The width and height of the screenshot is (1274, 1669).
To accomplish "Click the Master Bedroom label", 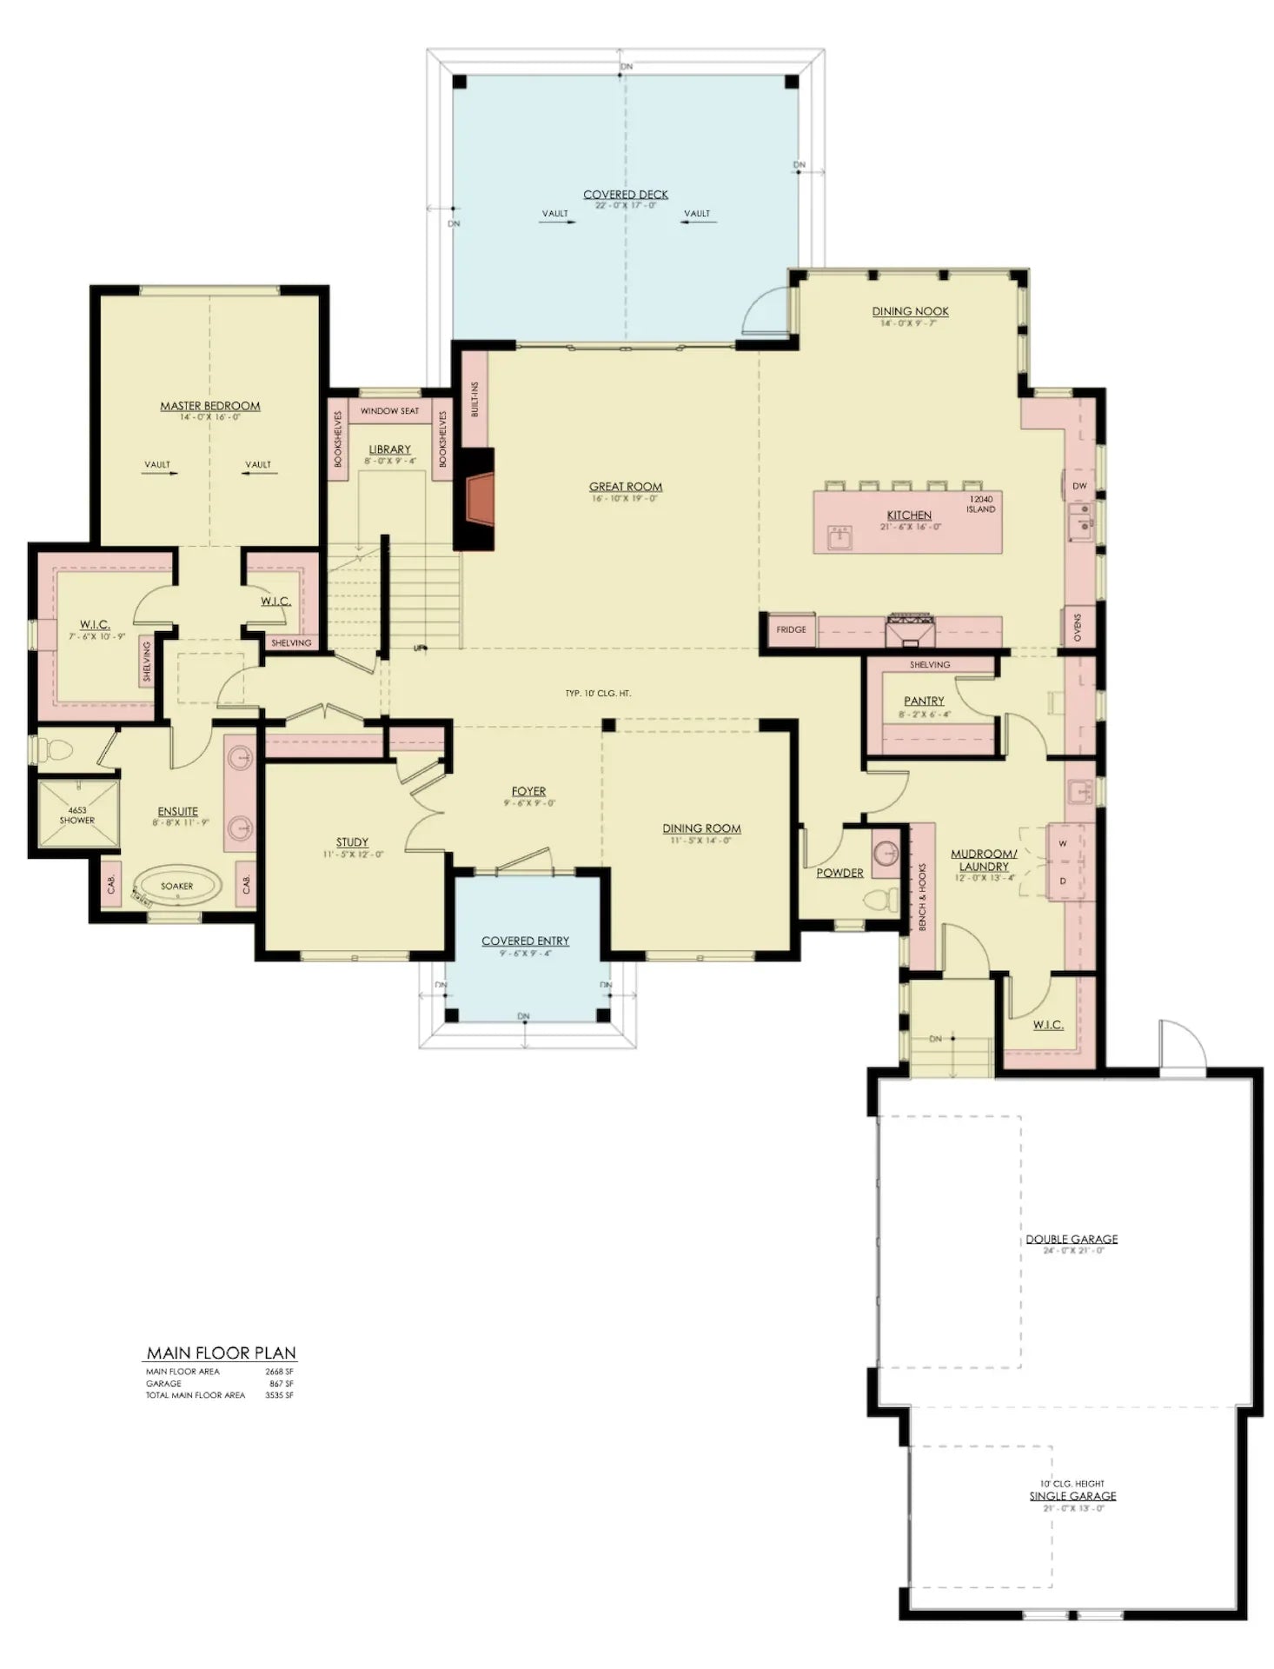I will tap(209, 406).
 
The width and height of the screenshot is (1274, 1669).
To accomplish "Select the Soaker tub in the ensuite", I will tap(176, 887).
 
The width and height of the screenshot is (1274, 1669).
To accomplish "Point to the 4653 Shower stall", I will tap(76, 815).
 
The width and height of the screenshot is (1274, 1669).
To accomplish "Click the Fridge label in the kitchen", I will tap(791, 629).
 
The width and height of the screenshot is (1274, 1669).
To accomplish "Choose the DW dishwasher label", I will tap(1079, 486).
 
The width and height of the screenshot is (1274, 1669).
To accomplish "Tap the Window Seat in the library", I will tap(389, 411).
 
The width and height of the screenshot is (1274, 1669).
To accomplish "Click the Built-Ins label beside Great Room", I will tap(474, 399).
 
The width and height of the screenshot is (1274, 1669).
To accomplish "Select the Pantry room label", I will tap(923, 701).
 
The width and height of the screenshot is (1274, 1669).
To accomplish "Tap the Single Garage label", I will tap(1072, 1496).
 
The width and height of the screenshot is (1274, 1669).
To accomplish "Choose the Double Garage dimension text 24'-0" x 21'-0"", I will tap(1072, 1250).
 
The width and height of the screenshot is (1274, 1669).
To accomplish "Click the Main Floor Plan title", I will tap(221, 1353).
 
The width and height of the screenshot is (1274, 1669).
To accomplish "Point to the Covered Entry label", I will tap(525, 941).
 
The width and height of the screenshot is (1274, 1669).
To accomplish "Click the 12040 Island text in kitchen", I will tap(981, 504).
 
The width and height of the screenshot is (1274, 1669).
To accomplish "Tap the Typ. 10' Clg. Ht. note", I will tap(598, 694).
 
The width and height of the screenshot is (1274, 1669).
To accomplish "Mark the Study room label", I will tap(352, 842).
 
